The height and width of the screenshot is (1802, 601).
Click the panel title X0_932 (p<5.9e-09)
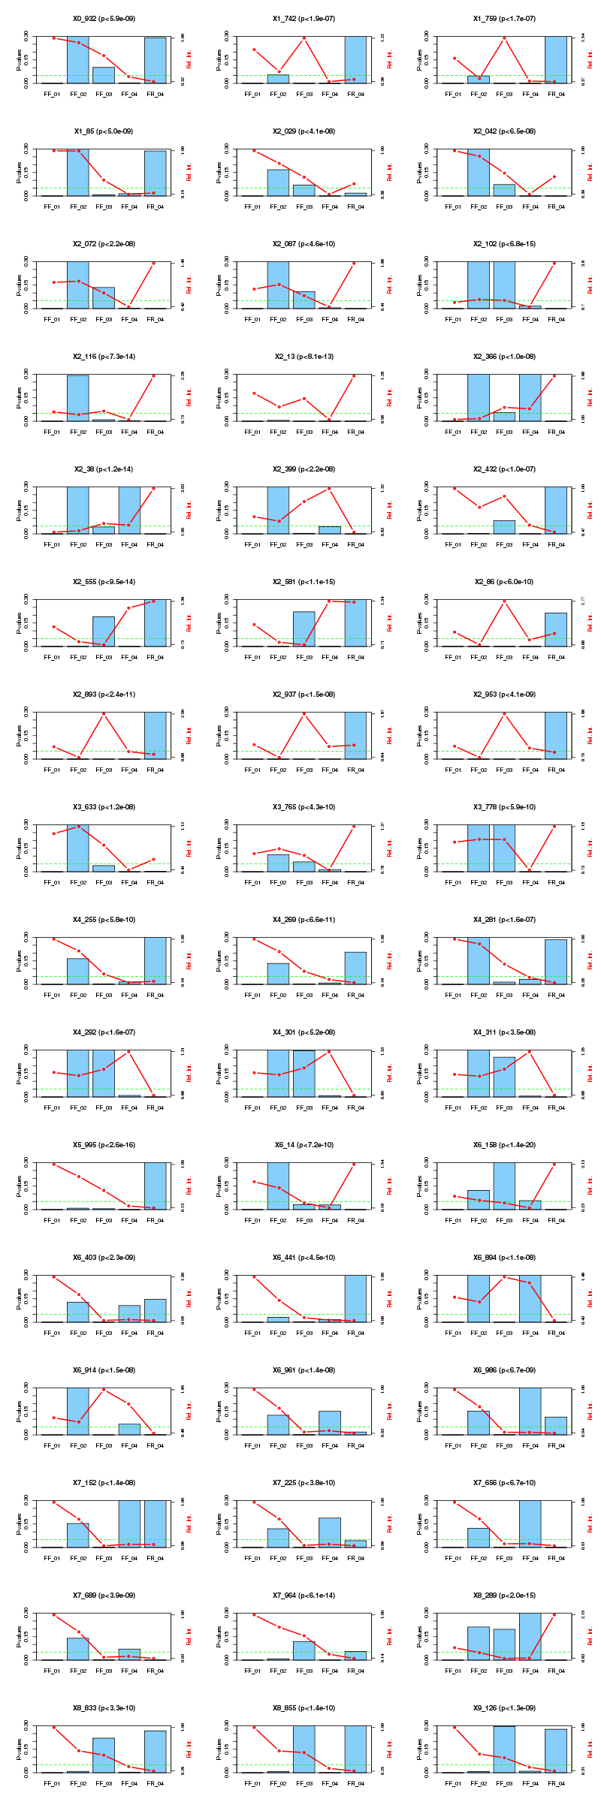click(104, 18)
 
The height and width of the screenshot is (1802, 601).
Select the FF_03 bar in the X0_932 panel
click(104, 75)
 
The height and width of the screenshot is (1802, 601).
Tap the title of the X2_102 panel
click(504, 243)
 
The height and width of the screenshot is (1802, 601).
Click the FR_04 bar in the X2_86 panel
click(555, 629)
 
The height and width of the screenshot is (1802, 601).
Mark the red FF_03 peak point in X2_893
click(104, 713)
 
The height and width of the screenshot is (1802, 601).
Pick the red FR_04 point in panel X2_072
click(154, 264)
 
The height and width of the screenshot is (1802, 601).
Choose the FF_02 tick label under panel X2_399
click(278, 544)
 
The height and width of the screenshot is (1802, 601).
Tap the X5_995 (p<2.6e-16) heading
click(104, 1144)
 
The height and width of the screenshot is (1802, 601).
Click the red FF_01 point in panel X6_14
click(255, 1182)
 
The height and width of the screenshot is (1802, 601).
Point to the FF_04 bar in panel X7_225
click(330, 1532)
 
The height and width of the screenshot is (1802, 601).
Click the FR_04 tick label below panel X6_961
click(355, 1445)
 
